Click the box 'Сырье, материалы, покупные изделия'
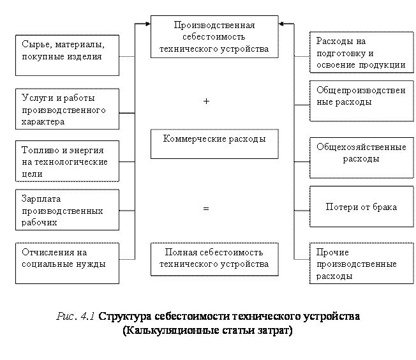pyautogui.click(x=67, y=55)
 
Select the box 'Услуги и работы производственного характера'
pyautogui.click(x=67, y=109)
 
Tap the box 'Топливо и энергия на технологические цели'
pyautogui.click(x=67, y=161)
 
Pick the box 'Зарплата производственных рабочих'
pyautogui.click(x=67, y=210)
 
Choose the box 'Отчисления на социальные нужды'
pyautogui.click(x=67, y=262)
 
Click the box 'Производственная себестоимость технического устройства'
pyautogui.click(x=214, y=37)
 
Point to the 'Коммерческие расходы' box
pyautogui.click(x=214, y=144)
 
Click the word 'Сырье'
pyautogui.click(x=33, y=45)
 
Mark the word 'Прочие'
pyautogui.click(x=332, y=253)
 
